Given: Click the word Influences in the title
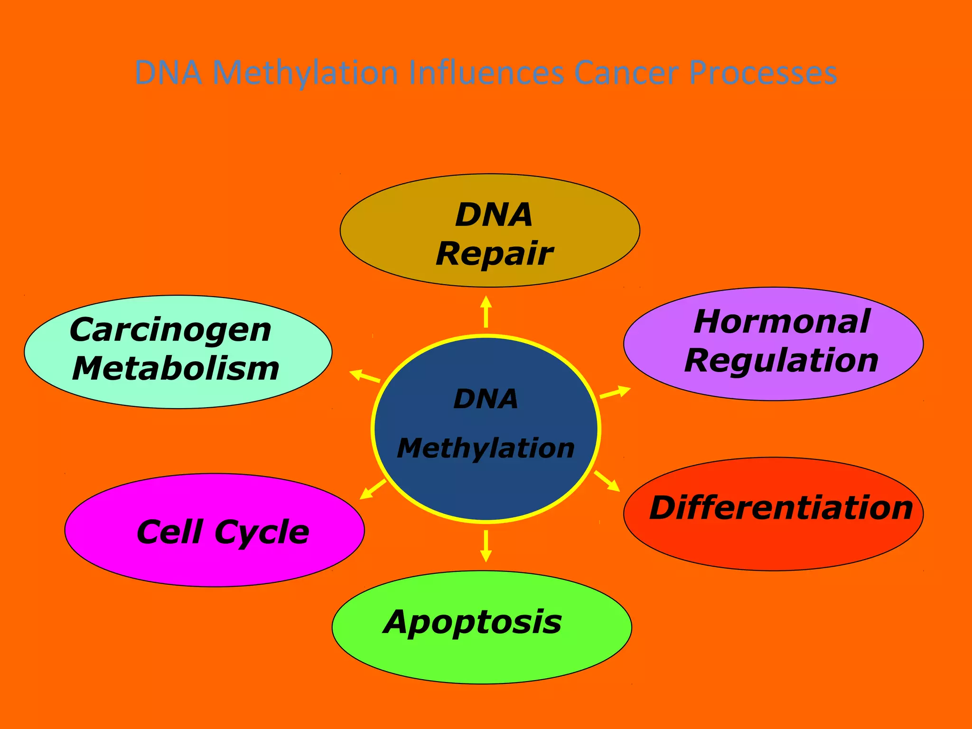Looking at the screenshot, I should (x=486, y=73).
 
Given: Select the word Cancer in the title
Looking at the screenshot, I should (x=626, y=73).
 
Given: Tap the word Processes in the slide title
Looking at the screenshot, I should (x=763, y=74).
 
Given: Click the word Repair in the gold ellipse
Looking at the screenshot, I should (x=494, y=254).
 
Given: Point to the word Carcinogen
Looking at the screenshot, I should (x=170, y=330).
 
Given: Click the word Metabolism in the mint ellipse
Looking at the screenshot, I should (x=176, y=368).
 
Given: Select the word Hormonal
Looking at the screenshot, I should (x=782, y=322).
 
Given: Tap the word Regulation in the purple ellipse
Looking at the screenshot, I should (x=781, y=361).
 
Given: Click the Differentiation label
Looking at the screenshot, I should (x=781, y=508).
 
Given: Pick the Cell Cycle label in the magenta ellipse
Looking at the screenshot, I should (x=223, y=532).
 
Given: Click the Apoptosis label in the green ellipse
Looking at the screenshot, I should (x=472, y=622).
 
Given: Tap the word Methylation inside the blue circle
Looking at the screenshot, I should (x=486, y=448).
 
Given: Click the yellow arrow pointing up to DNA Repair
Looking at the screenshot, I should (x=486, y=312).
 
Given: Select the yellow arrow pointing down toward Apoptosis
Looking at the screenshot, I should (x=486, y=546).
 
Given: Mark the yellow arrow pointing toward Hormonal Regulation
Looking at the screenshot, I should (x=615, y=393).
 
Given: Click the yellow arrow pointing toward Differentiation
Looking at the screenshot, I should (x=607, y=481).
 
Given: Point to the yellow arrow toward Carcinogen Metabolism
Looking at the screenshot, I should (x=364, y=376).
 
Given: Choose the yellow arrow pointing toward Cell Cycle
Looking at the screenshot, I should (x=373, y=489).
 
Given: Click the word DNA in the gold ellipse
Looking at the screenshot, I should (x=494, y=215).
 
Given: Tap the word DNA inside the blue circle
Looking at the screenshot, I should (x=486, y=399).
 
